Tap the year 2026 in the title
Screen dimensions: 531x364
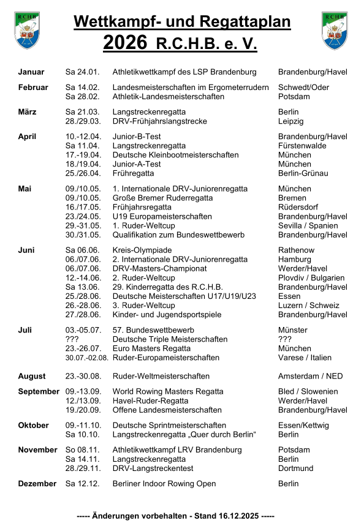point(125,43)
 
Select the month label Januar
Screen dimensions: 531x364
point(31,72)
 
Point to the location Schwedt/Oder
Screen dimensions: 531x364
point(303,88)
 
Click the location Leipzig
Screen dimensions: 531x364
point(291,121)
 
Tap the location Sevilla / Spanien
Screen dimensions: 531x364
point(308,225)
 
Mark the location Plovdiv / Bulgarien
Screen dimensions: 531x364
point(311,278)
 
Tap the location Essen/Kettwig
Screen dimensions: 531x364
point(303,425)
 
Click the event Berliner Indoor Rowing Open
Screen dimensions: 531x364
point(164,484)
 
